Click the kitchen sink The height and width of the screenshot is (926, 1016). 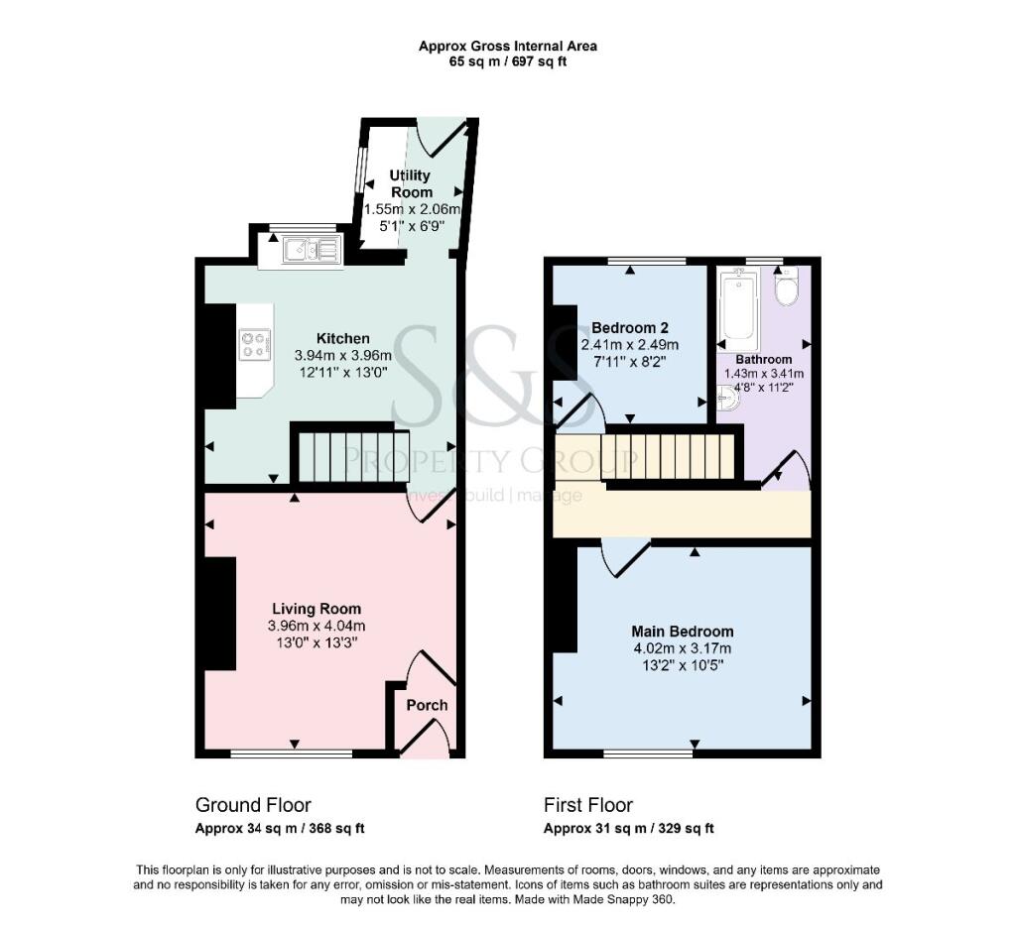311,249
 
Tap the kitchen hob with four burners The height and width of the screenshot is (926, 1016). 254,344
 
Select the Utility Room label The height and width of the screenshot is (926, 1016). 411,183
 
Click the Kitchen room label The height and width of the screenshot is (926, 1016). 342,338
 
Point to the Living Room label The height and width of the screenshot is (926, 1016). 317,609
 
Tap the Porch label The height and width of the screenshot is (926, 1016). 427,705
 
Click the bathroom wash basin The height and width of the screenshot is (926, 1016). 728,399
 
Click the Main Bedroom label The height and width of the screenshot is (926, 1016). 683,632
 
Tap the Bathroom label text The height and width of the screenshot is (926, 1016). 763,359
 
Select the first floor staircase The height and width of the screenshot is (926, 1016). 668,456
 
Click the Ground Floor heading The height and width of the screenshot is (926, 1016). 253,805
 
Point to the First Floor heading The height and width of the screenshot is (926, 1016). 588,805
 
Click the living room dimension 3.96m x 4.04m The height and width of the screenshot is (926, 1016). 317,627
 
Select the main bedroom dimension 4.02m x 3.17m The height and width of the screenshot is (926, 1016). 683,648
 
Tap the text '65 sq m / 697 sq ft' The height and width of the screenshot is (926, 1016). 508,62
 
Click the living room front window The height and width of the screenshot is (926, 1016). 292,753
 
